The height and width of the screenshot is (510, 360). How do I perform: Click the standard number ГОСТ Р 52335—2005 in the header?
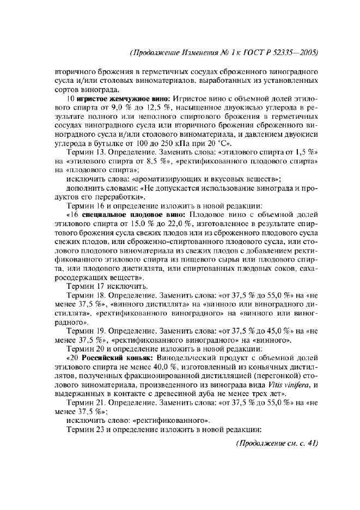click(x=275, y=53)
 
